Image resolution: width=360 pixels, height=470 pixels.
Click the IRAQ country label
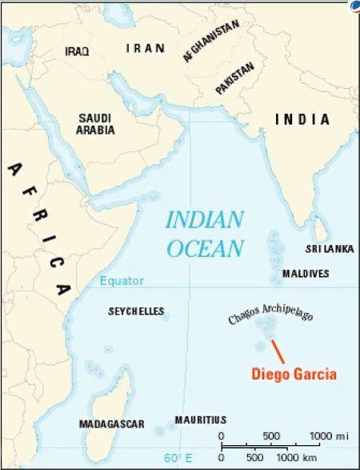(x=77, y=50)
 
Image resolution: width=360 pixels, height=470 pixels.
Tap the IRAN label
(x=146, y=48)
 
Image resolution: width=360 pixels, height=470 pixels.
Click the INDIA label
(x=302, y=119)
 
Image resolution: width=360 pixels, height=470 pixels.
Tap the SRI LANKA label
(x=330, y=249)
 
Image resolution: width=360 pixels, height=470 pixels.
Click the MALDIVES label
(x=305, y=274)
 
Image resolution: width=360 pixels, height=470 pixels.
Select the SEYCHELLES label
(x=136, y=311)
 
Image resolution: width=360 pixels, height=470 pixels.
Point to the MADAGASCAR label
(x=111, y=424)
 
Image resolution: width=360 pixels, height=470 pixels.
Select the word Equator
(x=122, y=281)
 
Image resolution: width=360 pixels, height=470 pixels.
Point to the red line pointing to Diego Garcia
(x=277, y=351)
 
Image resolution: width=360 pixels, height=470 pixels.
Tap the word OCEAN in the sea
(x=205, y=247)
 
